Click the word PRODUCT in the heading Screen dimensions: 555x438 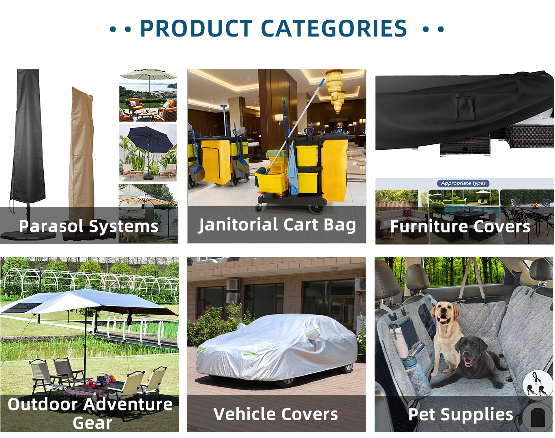196,28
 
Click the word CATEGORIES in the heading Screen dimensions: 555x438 334,28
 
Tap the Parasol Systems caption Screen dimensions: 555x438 88,226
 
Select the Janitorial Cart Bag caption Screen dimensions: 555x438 277,225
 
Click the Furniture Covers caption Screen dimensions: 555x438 460,226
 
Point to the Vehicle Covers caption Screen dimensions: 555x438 276,414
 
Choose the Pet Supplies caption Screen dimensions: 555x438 461,414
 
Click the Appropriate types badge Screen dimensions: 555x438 463,183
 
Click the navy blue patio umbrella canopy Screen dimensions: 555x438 148,141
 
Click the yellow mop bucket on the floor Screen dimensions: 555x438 271,182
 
